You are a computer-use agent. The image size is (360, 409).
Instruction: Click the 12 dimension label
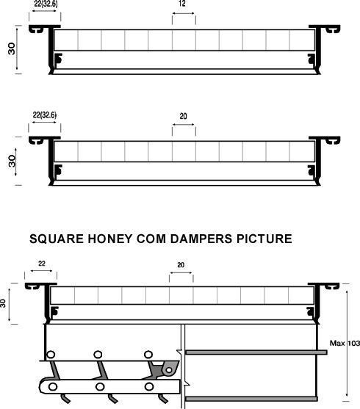pyautogui.click(x=182, y=4)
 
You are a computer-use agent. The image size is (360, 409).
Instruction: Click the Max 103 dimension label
pyautogui.click(x=345, y=343)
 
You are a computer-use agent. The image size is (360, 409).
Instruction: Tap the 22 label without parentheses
pyautogui.click(x=42, y=264)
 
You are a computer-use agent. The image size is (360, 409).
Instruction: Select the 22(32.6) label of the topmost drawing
pyautogui.click(x=46, y=4)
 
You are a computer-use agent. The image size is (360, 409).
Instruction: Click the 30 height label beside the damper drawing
pyautogui.click(x=3, y=303)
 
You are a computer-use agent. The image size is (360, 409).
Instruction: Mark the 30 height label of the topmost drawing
pyautogui.click(x=12, y=48)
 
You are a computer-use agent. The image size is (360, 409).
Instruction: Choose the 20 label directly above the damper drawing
pyautogui.click(x=181, y=265)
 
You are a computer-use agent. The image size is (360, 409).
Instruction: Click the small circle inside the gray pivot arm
pyautogui.click(x=169, y=370)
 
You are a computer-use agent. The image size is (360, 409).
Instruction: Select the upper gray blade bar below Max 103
pyautogui.click(x=256, y=352)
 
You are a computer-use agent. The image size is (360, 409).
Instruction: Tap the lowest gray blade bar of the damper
pyautogui.click(x=251, y=399)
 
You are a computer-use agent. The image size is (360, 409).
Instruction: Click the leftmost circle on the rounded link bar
pyautogui.click(x=53, y=386)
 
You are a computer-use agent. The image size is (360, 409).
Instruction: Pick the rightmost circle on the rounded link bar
pyautogui.click(x=149, y=386)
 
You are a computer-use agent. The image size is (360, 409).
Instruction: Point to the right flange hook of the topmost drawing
pyautogui.click(x=333, y=29)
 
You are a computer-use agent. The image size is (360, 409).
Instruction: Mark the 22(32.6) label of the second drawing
pyautogui.click(x=45, y=115)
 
